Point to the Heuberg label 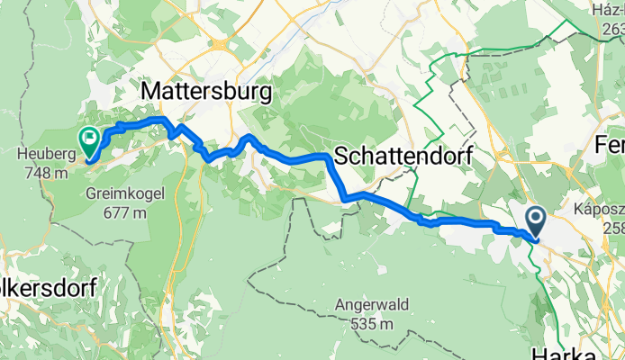pos(41,154)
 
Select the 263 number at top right pos(611,28)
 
